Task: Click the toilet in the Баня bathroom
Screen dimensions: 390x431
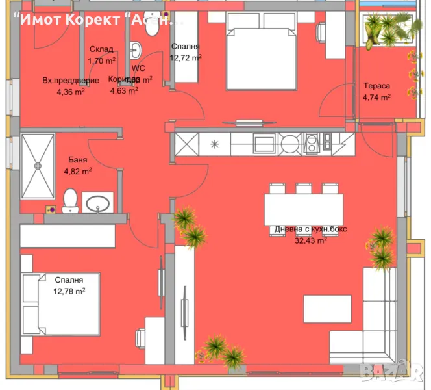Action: click(x=71, y=200)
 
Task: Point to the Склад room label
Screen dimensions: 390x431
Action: click(x=102, y=49)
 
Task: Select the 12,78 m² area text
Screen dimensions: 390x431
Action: click(x=69, y=291)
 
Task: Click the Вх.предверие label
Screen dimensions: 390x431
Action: click(x=71, y=81)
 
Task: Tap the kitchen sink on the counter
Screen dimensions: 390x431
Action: click(x=312, y=143)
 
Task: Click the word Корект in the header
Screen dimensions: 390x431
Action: click(x=92, y=19)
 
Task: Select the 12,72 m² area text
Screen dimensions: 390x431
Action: click(x=185, y=57)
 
